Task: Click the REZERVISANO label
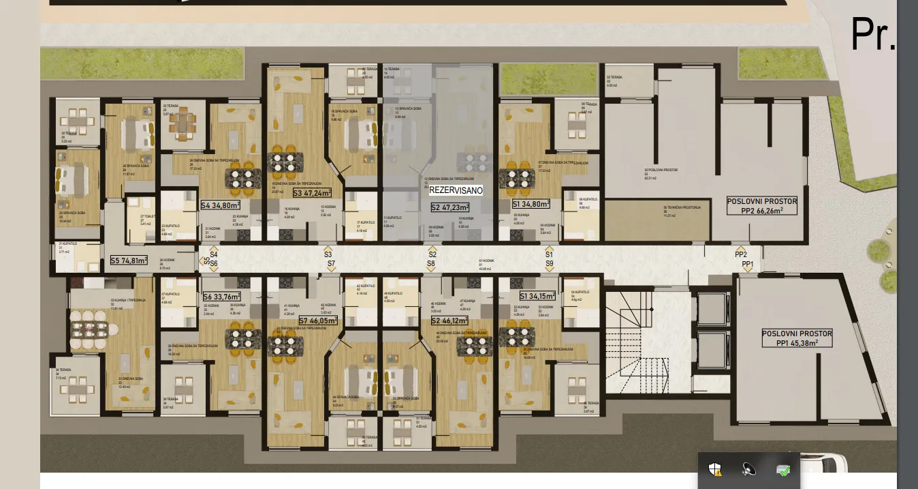(456, 191)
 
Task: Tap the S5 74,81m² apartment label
(129, 260)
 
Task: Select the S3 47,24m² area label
(312, 193)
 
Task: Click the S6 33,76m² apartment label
(222, 297)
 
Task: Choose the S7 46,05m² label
(319, 320)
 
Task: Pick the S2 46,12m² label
(450, 320)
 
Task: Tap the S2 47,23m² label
(450, 207)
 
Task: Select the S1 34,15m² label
(537, 296)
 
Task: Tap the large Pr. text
(872, 34)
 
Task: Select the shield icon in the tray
(714, 469)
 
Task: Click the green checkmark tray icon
(783, 469)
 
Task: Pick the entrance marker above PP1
(747, 270)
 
